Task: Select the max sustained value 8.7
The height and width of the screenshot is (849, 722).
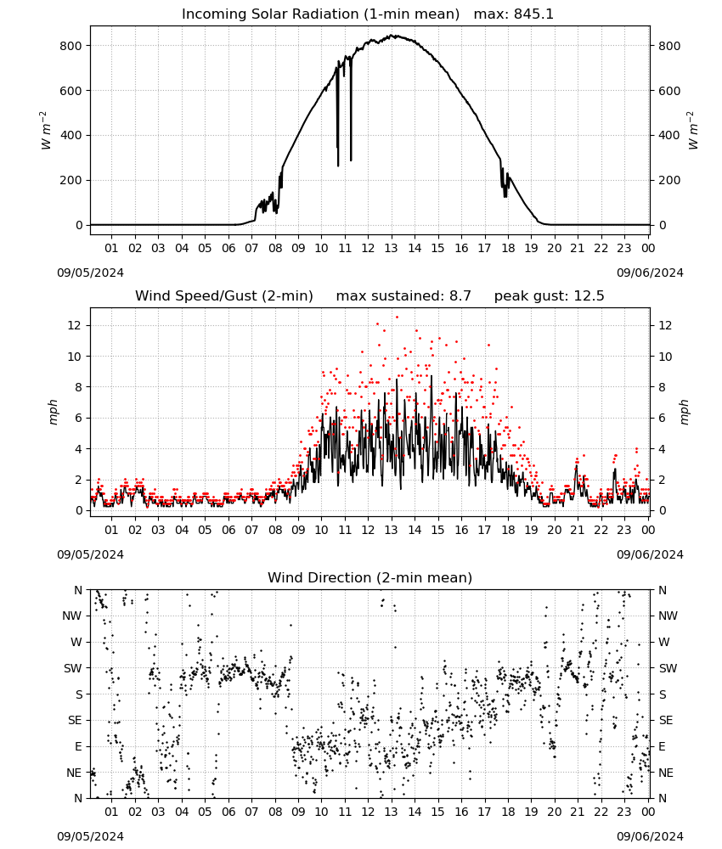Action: click(460, 296)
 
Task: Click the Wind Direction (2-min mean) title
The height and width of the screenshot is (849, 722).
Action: click(370, 577)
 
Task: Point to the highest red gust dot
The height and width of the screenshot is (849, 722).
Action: click(397, 318)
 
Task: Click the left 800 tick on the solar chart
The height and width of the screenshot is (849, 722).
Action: click(71, 46)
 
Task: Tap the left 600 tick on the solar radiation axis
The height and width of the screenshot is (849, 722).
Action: click(71, 91)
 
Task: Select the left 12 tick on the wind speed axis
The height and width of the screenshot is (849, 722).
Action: click(75, 325)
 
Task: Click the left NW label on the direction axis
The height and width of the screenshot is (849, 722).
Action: click(72, 616)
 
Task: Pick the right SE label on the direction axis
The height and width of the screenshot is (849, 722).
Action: click(666, 721)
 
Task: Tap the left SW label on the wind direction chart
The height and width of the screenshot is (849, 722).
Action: click(72, 669)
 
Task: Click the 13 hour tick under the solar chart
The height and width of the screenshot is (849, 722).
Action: click(391, 249)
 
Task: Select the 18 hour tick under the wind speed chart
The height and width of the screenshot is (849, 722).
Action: click(508, 530)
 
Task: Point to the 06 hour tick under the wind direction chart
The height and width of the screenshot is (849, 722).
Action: click(228, 812)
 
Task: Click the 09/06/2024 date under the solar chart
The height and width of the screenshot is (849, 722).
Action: click(650, 273)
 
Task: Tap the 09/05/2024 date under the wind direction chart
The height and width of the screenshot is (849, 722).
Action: click(90, 836)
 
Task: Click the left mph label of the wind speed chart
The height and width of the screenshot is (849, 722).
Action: click(53, 412)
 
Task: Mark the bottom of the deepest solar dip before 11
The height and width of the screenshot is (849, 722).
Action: click(339, 166)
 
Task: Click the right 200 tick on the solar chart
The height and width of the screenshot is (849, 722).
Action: click(669, 180)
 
